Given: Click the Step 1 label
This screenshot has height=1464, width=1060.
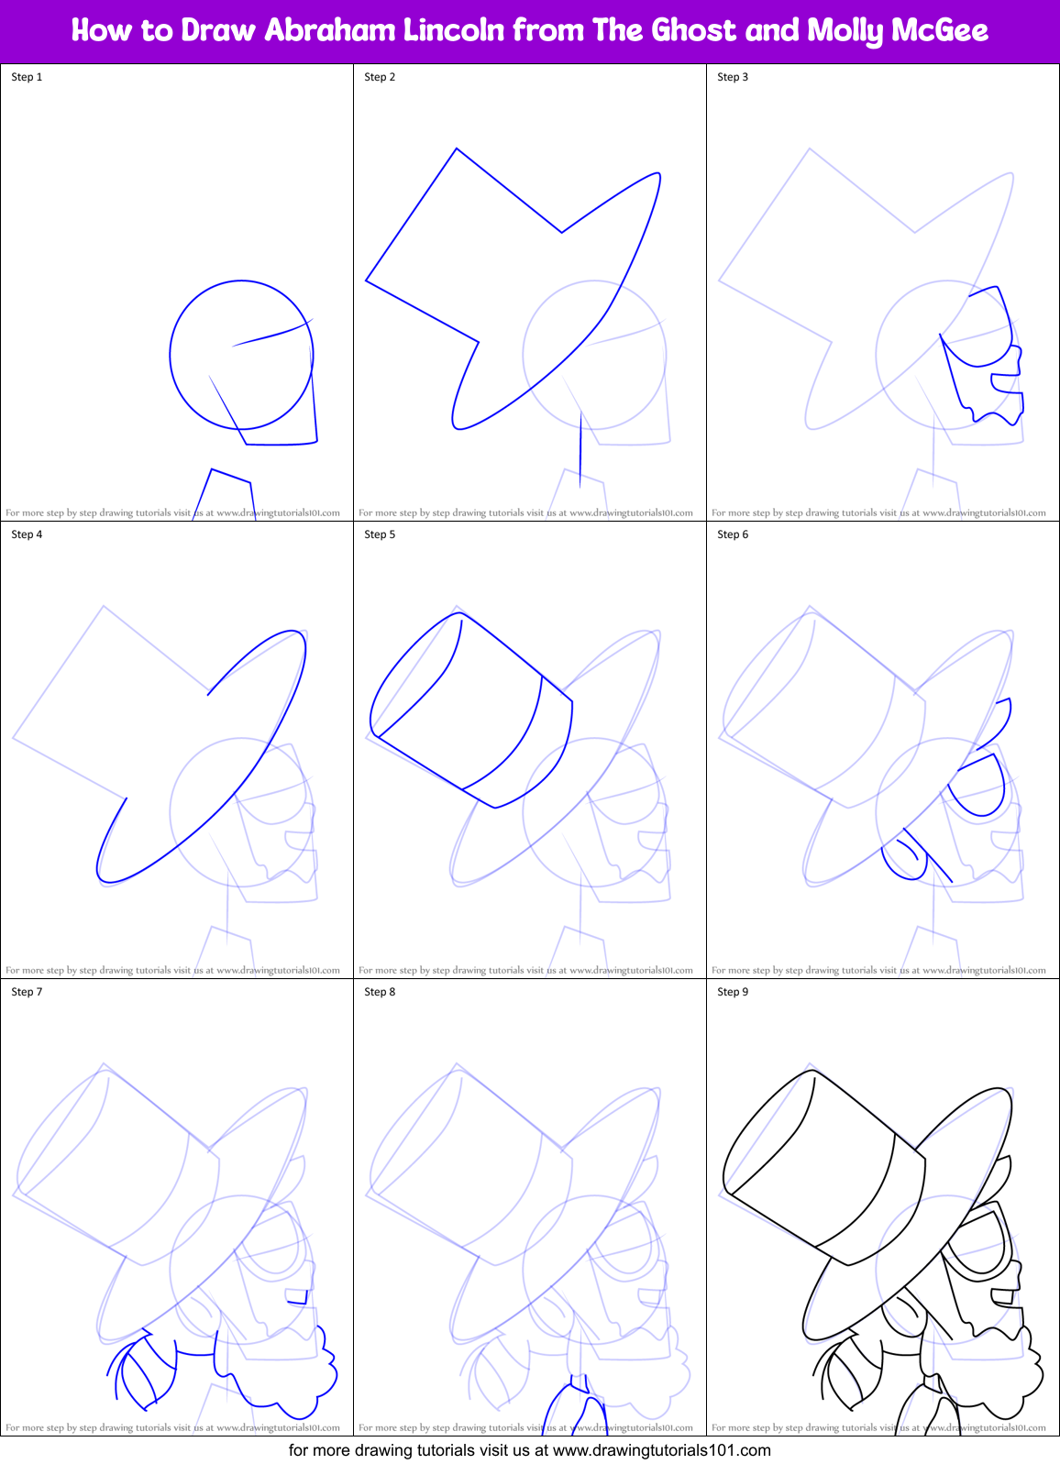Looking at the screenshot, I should click(27, 77).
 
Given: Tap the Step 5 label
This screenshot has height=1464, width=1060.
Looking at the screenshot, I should click(380, 534).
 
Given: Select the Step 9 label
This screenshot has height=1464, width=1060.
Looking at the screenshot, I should click(733, 992).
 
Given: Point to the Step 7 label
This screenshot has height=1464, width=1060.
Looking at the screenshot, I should click(27, 992).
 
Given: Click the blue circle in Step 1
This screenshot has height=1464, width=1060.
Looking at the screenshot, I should click(171, 355).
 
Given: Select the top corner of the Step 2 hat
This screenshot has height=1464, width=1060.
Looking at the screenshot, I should click(457, 149).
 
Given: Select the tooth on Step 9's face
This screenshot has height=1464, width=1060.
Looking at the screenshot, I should click(1003, 1296).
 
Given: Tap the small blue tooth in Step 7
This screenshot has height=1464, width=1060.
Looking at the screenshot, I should click(296, 1296).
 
